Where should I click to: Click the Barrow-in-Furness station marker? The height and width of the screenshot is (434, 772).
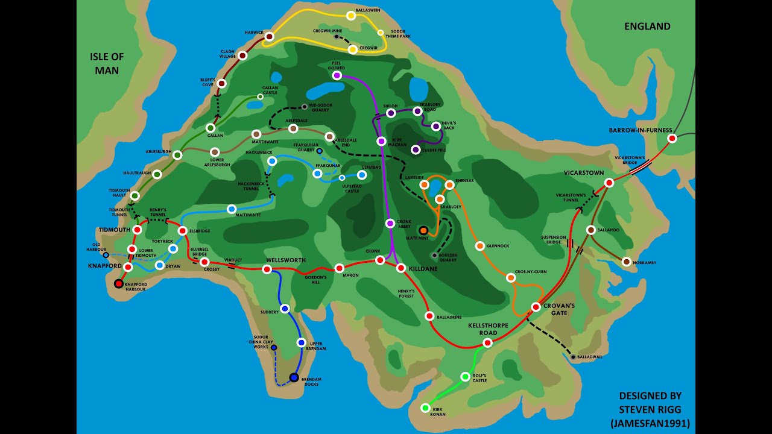[x=672, y=139]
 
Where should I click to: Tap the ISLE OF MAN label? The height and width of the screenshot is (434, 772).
[x=107, y=63]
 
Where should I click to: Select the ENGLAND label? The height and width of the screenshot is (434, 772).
[x=647, y=27]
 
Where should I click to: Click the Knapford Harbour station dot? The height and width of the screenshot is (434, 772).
[x=119, y=283]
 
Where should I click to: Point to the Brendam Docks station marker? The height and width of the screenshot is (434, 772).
[x=294, y=377]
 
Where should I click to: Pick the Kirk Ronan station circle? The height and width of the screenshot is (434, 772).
[x=425, y=408]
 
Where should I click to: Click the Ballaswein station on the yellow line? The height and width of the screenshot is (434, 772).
[x=351, y=16]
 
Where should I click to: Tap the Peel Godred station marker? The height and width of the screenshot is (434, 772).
[x=337, y=75]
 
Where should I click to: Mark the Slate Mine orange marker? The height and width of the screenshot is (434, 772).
[x=423, y=230]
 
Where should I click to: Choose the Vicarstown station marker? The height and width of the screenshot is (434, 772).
[x=609, y=183]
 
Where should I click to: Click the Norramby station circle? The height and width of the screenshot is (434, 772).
[x=626, y=262]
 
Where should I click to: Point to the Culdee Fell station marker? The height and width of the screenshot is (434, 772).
[x=416, y=149]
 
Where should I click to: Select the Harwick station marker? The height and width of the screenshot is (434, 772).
[x=270, y=37]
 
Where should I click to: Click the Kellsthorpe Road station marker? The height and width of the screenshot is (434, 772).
[x=487, y=343]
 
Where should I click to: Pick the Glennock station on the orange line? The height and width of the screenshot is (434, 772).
[x=479, y=246]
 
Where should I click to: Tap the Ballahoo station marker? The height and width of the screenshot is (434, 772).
[x=591, y=230]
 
